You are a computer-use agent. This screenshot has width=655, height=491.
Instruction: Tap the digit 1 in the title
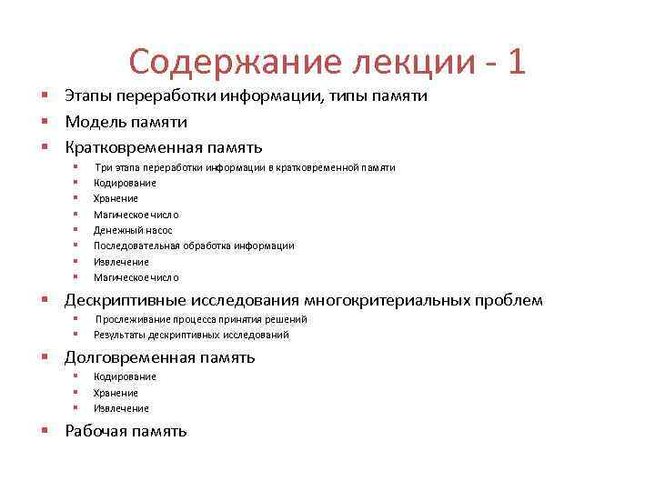pos(516,62)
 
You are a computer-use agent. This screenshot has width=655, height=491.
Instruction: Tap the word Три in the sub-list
pos(103,167)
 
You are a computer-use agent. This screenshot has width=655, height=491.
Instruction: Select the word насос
pos(158,230)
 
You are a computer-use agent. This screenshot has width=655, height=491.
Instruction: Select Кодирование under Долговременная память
pos(125,376)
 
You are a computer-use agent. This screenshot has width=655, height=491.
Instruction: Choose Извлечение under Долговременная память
pos(121,408)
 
